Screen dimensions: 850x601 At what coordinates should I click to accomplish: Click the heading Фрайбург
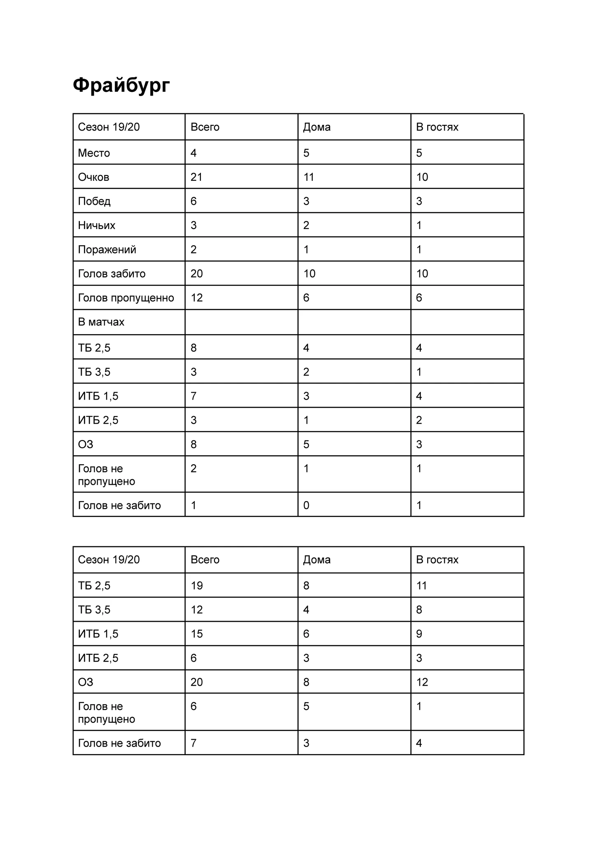point(121,85)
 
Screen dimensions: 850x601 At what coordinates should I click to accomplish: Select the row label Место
point(94,153)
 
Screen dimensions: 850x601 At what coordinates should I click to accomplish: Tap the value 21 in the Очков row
point(196,177)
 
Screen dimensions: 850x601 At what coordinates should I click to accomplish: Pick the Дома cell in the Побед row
point(306,201)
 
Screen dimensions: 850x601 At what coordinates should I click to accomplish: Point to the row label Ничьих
point(96,225)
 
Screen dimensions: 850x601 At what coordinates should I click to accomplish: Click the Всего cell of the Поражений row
point(194,249)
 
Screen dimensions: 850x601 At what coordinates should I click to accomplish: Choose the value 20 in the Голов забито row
point(197,274)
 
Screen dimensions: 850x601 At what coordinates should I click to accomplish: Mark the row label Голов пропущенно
point(126,297)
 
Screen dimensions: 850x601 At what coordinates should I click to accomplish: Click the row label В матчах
point(101,322)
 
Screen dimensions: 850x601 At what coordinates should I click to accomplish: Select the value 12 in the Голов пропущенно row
point(197,297)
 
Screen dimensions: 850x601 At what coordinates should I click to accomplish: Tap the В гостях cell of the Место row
point(419,153)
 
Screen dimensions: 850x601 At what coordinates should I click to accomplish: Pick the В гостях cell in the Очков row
point(422,177)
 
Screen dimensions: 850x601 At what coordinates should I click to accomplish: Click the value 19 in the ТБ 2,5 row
point(197,585)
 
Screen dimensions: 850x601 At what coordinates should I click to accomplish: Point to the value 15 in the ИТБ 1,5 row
point(197,634)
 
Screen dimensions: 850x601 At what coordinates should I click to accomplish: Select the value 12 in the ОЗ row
point(422,682)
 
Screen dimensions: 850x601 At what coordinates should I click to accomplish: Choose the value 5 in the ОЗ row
point(306,444)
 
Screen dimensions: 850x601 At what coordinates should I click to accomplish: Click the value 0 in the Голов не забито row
point(306,505)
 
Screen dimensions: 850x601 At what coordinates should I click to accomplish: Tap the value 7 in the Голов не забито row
point(194,743)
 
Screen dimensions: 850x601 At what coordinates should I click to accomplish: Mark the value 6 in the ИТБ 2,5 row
point(194,658)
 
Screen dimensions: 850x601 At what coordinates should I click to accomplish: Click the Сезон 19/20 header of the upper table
point(109,127)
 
